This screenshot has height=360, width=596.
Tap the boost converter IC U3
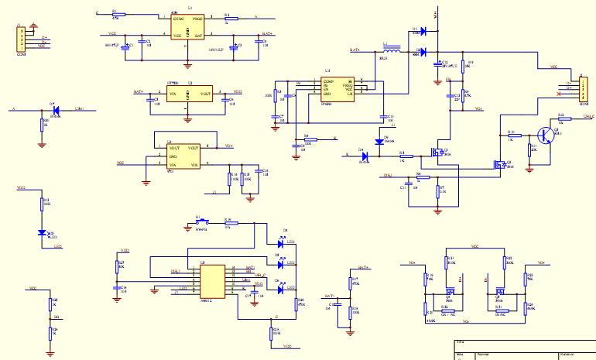click(338, 89)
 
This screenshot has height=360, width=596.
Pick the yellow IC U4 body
click(183, 156)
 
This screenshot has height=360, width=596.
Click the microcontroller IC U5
click(213, 280)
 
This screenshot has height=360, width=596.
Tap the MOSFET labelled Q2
click(499, 164)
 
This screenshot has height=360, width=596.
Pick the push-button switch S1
click(200, 221)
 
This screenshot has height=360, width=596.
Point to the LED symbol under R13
click(43, 232)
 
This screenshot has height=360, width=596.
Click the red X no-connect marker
click(559, 94)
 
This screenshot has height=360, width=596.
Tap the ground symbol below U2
click(187, 119)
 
